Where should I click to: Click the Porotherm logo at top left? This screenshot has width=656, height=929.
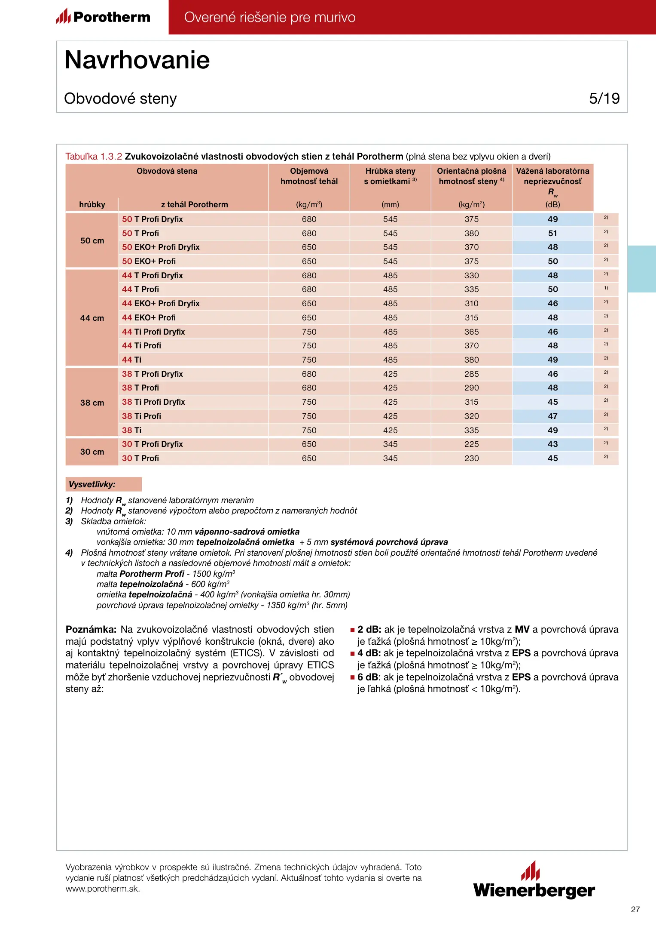103,17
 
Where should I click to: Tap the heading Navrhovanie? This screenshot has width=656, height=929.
137,60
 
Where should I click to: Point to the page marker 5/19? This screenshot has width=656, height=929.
604,98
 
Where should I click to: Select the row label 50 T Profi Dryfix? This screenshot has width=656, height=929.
153,219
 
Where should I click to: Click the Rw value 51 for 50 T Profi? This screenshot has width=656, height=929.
552,234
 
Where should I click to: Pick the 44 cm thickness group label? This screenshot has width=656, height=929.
92,318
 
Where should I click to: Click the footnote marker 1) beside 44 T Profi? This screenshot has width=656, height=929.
606,288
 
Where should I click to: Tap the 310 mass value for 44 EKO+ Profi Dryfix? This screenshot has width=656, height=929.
471,304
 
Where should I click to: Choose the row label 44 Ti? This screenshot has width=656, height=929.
131,360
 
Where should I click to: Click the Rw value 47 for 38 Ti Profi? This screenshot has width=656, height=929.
552,416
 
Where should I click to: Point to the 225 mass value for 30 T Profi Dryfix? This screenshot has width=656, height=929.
471,444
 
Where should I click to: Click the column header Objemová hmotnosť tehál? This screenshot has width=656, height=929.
309,176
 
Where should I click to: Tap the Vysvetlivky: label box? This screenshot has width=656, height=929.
103,484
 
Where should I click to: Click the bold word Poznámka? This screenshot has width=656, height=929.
91,630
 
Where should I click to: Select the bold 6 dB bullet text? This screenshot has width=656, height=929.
369,677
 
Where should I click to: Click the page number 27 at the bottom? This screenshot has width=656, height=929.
635,909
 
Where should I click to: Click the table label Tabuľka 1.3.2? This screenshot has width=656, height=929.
94,157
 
